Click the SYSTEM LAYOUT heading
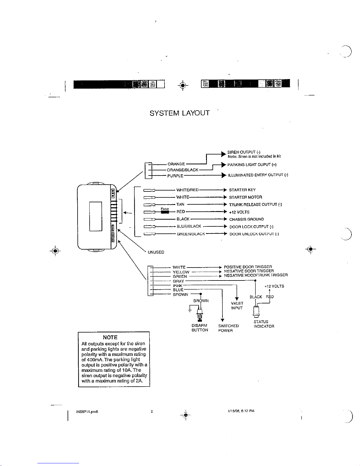(x=180, y=113)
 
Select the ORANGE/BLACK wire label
(x=182, y=170)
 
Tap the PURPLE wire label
(x=175, y=176)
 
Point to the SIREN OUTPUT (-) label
(x=243, y=152)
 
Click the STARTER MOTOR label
(x=245, y=197)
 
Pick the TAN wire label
(x=180, y=204)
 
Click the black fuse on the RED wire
(x=165, y=212)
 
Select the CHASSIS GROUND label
(x=247, y=219)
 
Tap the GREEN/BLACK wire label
(x=191, y=234)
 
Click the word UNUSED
(x=156, y=252)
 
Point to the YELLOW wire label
(x=181, y=272)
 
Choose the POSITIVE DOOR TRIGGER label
(x=248, y=267)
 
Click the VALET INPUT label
(x=237, y=305)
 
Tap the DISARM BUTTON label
(x=200, y=328)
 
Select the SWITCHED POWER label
(x=228, y=328)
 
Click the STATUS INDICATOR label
(x=264, y=324)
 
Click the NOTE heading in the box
(x=110, y=337)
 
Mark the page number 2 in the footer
(x=152, y=411)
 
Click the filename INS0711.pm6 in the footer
(x=86, y=412)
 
